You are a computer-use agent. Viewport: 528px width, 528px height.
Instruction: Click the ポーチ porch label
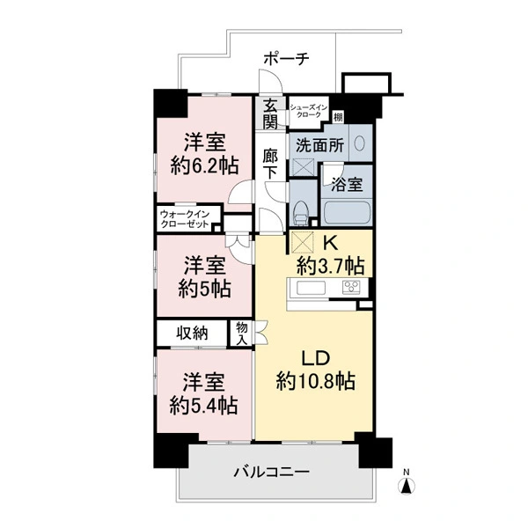[286, 59]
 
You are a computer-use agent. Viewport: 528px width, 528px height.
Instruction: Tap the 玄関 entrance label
[270, 114]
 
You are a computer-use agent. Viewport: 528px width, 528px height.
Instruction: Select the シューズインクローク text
[309, 111]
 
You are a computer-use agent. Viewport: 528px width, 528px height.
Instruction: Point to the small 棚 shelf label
[338, 117]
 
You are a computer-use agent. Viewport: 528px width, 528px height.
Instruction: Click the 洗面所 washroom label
[319, 145]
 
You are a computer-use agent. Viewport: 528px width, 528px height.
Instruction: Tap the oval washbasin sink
[359, 143]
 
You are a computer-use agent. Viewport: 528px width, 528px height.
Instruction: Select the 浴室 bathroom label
[347, 184]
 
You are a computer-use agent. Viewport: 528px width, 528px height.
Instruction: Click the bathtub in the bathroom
[346, 212]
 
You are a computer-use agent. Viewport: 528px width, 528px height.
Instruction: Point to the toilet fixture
[300, 213]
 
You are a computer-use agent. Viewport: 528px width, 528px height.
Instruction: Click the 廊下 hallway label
[270, 163]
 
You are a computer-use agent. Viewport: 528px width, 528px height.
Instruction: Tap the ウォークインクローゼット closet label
[185, 219]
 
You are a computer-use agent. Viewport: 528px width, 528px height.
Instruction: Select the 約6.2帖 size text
[204, 165]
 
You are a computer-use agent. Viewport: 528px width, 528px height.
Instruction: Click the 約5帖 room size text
[204, 289]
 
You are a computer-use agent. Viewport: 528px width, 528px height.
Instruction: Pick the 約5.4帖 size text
[204, 406]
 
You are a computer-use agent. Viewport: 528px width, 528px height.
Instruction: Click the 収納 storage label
[192, 333]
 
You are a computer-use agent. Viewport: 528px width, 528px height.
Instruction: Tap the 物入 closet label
[242, 333]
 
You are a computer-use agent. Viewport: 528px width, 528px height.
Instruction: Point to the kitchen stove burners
[351, 288]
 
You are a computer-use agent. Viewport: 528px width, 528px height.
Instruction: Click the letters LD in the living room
[315, 358]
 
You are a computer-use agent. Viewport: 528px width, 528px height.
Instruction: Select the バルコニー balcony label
[271, 472]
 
